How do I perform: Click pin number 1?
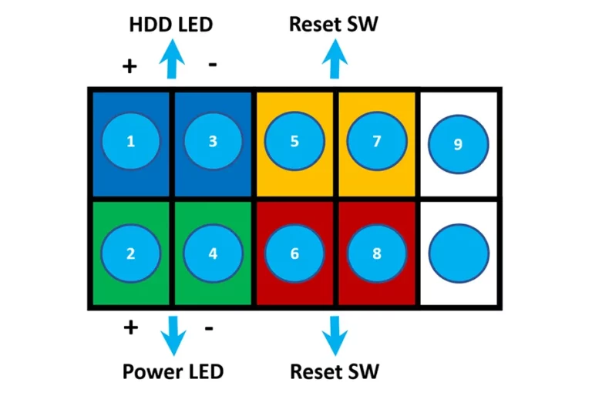click(x=130, y=141)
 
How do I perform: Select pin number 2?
click(x=130, y=253)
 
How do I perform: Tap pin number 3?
click(x=213, y=141)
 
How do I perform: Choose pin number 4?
click(x=213, y=253)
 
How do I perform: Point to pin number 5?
click(x=294, y=141)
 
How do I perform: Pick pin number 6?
click(x=294, y=253)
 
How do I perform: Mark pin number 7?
click(x=377, y=141)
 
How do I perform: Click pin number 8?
click(x=377, y=253)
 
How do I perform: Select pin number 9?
click(x=459, y=144)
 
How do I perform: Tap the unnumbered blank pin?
click(x=459, y=253)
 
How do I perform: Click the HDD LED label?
click(x=171, y=25)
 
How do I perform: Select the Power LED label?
click(x=173, y=371)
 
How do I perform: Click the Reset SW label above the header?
click(x=333, y=24)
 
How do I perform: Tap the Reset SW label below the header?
click(x=335, y=371)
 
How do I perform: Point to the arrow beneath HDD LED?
click(x=172, y=59)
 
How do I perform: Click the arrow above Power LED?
click(x=173, y=336)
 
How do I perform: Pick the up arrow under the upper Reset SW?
click(x=335, y=59)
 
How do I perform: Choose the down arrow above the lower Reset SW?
click(x=335, y=336)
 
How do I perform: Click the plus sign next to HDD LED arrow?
click(x=129, y=66)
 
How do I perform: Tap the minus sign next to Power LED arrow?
click(x=209, y=328)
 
